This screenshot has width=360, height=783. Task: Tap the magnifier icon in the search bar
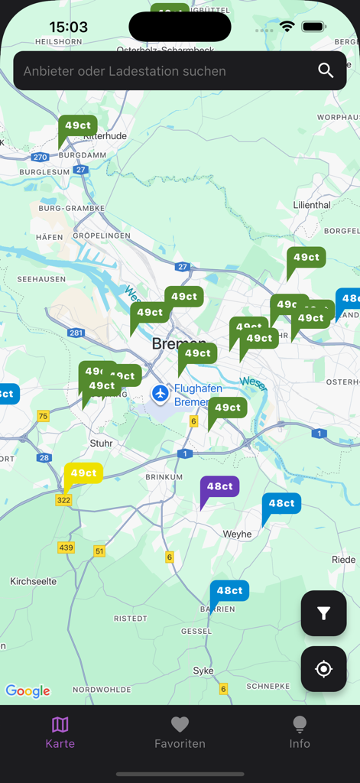coord(326,71)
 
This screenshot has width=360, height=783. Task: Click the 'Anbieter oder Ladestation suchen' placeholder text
coord(125,71)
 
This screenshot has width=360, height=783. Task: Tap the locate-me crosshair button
coord(323,669)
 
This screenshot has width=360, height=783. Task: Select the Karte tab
coord(60,732)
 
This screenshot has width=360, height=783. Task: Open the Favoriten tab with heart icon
coord(180,732)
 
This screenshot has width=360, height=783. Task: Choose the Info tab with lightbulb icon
coord(300,732)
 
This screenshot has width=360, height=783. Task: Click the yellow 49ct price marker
coord(83,474)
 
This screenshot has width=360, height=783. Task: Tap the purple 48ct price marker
coord(219,487)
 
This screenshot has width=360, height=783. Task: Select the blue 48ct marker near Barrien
coord(229,591)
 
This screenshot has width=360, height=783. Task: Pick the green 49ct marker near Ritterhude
coord(77,126)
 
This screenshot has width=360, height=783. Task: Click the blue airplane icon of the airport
coord(160,393)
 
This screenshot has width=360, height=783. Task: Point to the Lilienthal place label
coord(312,205)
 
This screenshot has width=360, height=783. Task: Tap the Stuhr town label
coord(101,443)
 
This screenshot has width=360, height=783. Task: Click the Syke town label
coord(203,671)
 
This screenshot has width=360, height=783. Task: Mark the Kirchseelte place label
coord(33,581)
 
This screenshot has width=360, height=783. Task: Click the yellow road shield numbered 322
coord(63,500)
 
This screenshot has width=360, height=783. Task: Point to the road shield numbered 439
coord(66,547)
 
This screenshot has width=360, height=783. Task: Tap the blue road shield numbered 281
coord(76,333)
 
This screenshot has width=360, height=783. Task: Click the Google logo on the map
coord(28,691)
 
